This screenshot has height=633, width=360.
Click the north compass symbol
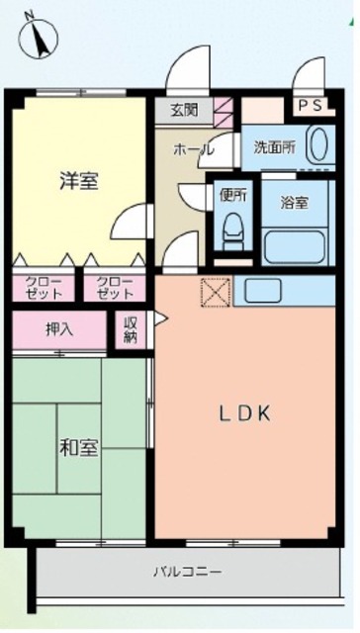tap(39, 36)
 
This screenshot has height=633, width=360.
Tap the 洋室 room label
tap(79, 180)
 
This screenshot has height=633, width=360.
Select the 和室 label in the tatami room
tap(79, 448)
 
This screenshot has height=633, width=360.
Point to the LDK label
tap(244, 413)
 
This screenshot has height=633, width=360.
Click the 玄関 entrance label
tap(184, 110)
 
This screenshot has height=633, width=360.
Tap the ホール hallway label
tap(193, 149)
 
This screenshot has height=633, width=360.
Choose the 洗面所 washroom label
tap(274, 147)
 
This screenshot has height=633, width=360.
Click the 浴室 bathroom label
tap(295, 203)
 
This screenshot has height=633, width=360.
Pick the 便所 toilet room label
tap(232, 196)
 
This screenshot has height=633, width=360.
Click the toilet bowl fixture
tap(232, 230)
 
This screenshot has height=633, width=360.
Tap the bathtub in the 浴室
tap(295, 247)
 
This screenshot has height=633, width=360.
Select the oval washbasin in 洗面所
tap(318, 145)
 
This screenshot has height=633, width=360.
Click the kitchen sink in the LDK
tap(263, 290)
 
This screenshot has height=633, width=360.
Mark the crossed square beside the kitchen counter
tap(216, 291)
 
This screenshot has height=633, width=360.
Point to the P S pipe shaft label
tap(311, 106)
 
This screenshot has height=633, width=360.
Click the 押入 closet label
tap(59, 329)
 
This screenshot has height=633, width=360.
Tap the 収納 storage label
tap(131, 329)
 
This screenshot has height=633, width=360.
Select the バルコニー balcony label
tap(187, 572)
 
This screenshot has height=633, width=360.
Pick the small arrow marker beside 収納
tap(160, 318)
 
